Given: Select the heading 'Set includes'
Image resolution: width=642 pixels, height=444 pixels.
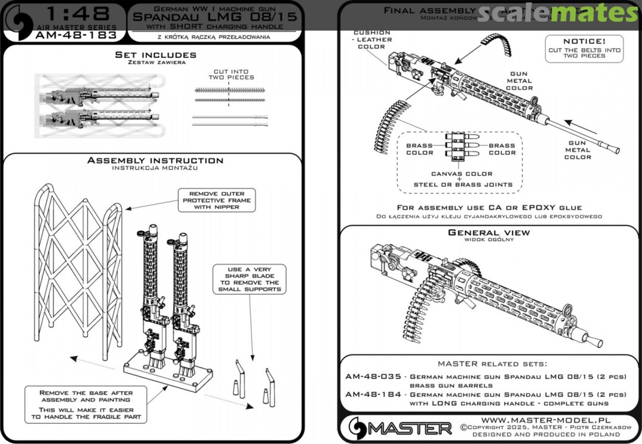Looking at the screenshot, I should click(x=155, y=55).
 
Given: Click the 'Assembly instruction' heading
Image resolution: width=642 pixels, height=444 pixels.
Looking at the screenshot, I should click(x=155, y=160).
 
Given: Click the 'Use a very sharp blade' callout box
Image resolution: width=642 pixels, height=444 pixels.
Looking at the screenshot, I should click(x=247, y=280).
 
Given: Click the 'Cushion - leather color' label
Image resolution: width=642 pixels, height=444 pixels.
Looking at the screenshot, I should click(x=372, y=39).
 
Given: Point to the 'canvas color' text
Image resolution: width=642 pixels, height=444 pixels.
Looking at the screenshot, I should click(x=461, y=174).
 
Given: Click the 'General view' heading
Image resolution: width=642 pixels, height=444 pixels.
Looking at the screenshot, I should click(x=489, y=233).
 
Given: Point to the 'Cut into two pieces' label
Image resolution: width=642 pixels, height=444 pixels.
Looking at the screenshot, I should click(x=234, y=74).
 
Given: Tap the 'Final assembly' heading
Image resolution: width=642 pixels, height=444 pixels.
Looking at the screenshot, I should click(x=429, y=11).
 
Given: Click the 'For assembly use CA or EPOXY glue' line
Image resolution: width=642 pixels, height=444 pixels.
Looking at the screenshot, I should click(x=489, y=208).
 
